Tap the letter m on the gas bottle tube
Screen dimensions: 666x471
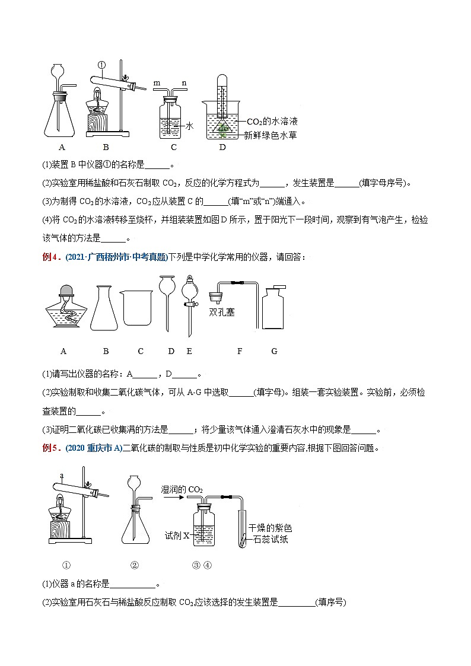point(157,84)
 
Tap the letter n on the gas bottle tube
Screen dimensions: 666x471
point(184,84)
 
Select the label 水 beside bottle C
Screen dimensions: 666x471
point(190,126)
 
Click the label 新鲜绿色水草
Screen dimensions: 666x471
point(270,135)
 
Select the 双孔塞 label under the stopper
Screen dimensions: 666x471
point(222,311)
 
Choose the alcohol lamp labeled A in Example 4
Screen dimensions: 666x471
point(63,308)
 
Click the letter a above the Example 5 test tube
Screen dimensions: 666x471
point(62,475)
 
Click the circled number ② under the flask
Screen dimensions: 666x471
point(134,565)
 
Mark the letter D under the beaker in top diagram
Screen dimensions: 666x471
point(222,148)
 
